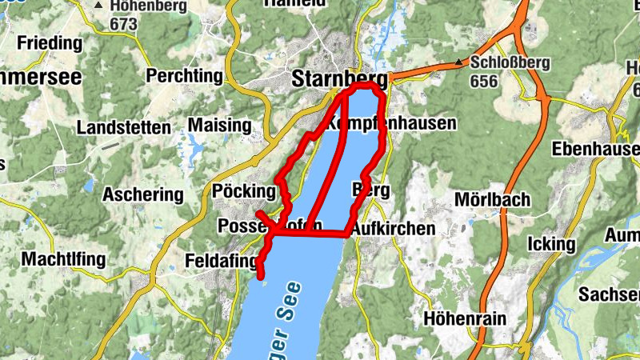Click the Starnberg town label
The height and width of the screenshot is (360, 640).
pyautogui.click(x=339, y=78)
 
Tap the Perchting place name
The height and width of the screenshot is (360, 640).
pyautogui.click(x=185, y=76)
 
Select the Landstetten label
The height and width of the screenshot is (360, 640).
pyautogui.click(x=123, y=127)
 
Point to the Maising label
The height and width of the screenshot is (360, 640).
pyautogui.click(x=218, y=125)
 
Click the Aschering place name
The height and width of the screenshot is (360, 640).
pyautogui.click(x=143, y=194)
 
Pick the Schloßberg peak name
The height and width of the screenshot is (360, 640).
pyautogui.click(x=507, y=62)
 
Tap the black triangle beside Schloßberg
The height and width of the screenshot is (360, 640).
pyautogui.click(x=459, y=62)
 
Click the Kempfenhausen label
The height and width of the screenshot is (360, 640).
pyautogui.click(x=390, y=124)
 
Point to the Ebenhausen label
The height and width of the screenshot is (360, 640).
pyautogui.click(x=596, y=149)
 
